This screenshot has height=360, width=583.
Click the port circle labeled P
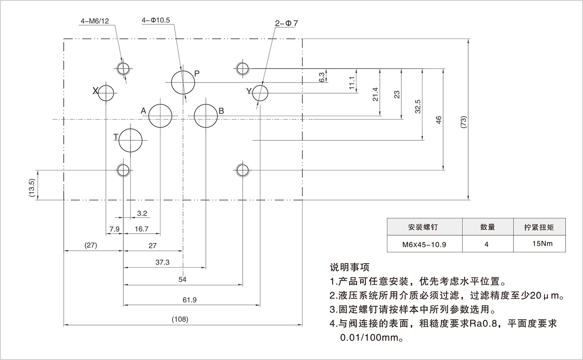183,82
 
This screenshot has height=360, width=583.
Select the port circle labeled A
160,116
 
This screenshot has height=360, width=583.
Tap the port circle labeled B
206,116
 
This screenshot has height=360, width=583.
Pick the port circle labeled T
130,140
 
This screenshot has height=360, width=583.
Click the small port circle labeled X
106,93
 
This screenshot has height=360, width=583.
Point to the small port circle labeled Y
260,93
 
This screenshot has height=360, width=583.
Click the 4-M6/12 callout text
95,21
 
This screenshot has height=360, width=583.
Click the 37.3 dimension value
162,262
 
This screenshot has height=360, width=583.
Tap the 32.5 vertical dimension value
418,108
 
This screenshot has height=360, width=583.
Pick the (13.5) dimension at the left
31,188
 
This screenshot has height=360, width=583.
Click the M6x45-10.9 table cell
424,245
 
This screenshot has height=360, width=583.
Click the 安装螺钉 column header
424,227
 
